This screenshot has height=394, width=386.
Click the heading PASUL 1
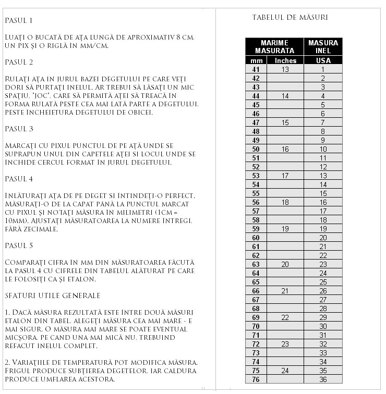click(19, 20)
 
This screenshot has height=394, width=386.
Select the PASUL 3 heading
click(19, 129)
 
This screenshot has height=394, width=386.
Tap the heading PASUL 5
click(19, 245)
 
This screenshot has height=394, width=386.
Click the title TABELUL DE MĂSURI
click(290, 17)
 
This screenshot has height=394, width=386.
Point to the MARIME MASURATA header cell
click(274, 46)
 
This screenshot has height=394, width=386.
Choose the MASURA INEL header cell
click(323, 46)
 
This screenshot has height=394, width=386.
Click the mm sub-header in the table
click(256, 60)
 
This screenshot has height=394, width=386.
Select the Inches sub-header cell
click(285, 60)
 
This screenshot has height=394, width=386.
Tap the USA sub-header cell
click(323, 60)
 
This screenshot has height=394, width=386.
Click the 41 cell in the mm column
click(256, 69)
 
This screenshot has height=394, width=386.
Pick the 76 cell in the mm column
click(256, 379)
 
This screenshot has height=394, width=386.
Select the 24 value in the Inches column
click(285, 371)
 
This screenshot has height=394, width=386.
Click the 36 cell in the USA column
click(323, 379)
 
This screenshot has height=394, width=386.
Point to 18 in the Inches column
click(285, 202)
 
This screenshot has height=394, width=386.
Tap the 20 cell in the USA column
click(323, 238)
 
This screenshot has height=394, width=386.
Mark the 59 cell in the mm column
click(256, 229)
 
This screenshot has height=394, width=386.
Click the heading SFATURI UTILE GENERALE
click(52, 295)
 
